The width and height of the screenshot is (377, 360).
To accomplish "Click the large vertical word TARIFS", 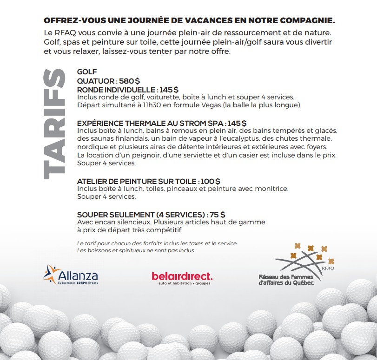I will [x=53, y=124].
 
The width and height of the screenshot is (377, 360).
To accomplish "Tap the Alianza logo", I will [x=71, y=275].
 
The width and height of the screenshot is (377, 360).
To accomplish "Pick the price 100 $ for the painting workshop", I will [x=211, y=181].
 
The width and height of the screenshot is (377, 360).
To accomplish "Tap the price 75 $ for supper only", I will [x=217, y=215].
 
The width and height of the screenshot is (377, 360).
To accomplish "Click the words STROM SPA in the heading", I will [x=203, y=123].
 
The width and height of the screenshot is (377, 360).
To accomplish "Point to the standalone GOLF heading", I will [x=87, y=72].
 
